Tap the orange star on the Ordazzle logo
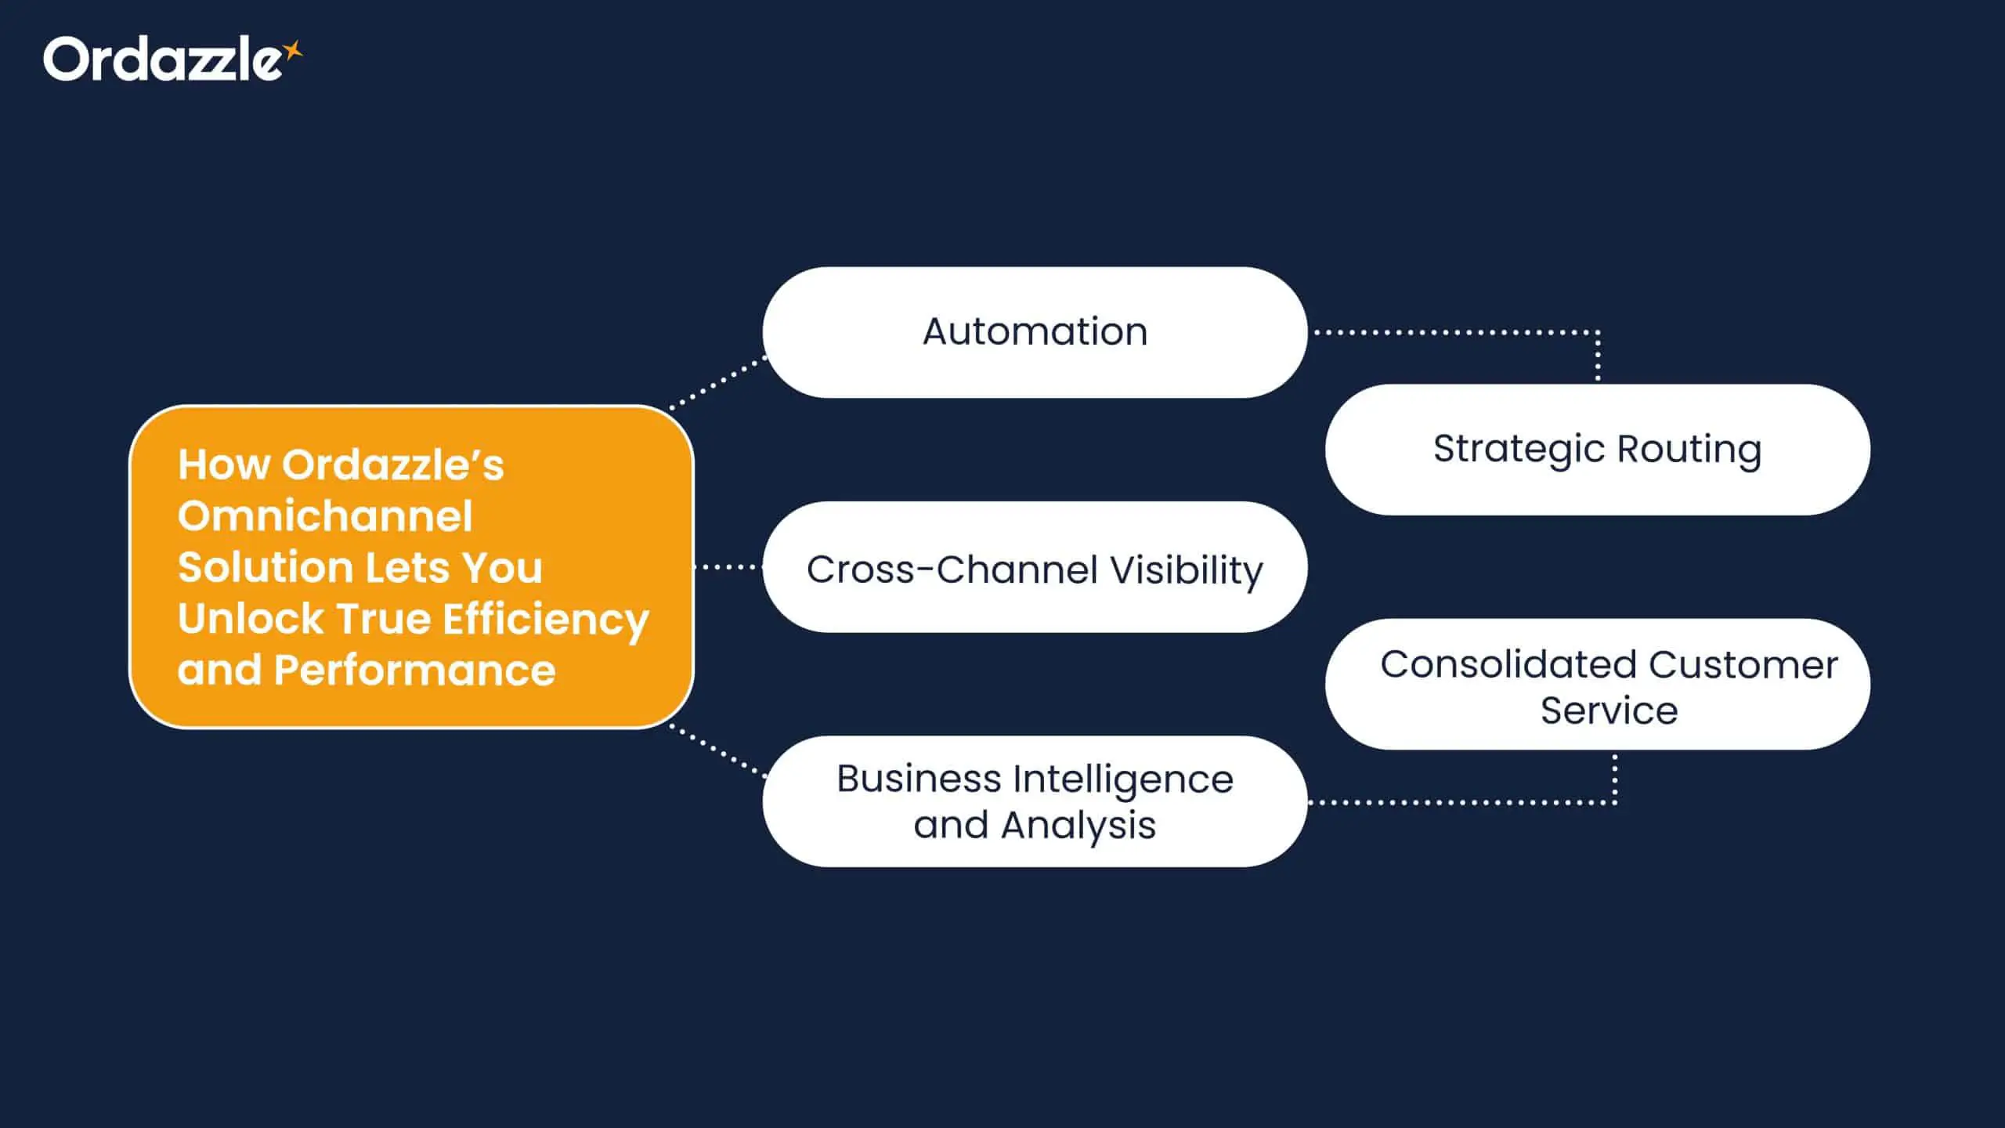point(293,51)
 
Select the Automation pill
point(1034,332)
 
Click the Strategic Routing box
point(1597,450)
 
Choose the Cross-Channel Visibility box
point(1034,568)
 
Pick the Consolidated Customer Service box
point(1597,685)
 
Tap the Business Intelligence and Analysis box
point(1034,801)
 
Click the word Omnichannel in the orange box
point(325,516)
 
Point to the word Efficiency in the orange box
point(546,620)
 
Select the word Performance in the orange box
point(414,671)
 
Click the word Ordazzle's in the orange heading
point(392,465)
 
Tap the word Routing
point(1689,450)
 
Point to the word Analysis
point(1078,825)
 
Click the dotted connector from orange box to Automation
point(717,383)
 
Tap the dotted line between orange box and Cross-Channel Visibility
point(728,566)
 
